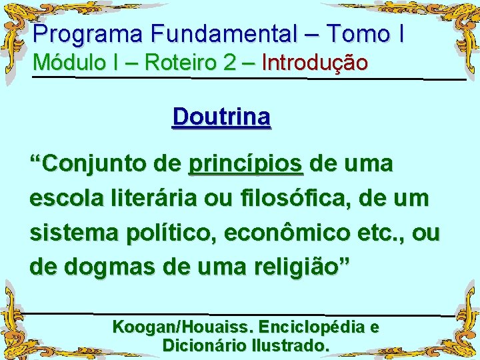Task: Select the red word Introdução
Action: [315, 63]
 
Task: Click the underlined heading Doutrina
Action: [221, 117]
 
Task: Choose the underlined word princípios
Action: [246, 164]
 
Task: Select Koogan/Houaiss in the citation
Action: [183, 327]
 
